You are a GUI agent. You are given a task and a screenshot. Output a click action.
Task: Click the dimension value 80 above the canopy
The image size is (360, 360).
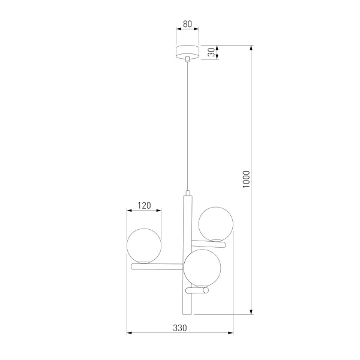point(187,25)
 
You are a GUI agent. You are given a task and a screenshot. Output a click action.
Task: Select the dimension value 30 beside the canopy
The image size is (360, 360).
point(211,52)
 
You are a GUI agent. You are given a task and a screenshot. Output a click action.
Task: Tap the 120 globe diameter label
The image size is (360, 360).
point(144,205)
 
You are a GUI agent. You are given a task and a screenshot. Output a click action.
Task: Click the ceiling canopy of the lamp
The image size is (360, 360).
point(188,52)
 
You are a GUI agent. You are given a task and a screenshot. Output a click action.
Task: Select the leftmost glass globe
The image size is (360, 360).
point(144,245)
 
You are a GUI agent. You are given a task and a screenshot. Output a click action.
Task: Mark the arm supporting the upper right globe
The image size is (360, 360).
point(209,242)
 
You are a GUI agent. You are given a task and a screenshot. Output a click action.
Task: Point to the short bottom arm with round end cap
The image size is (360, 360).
point(196,291)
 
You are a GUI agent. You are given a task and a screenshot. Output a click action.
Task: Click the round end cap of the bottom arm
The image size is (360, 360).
point(206,291)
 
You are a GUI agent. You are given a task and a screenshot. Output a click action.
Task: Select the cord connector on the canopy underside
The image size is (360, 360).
point(188,59)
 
